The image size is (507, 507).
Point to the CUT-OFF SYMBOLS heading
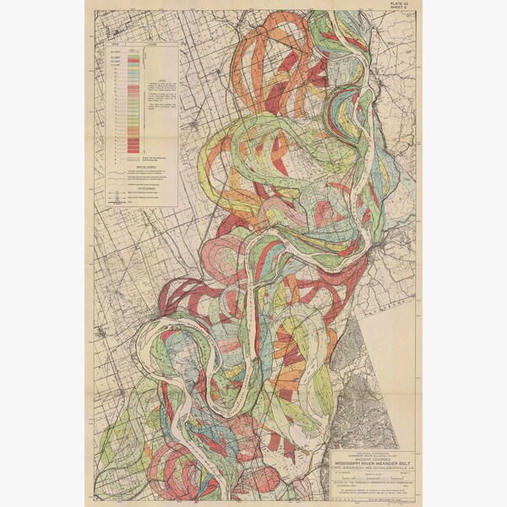tap(123, 188)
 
